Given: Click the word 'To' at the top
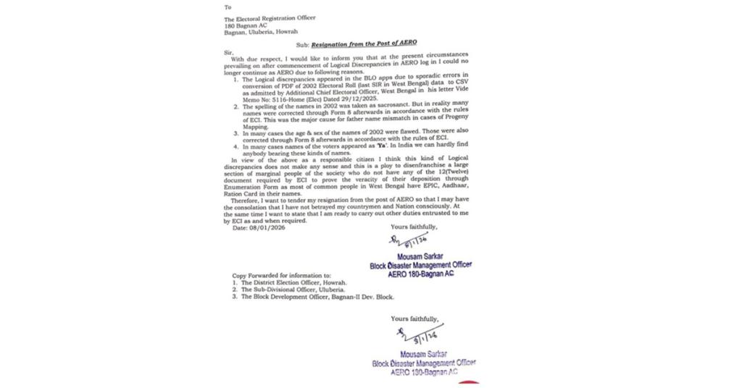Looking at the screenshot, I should click(228, 7).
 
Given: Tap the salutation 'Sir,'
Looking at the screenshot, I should click(229, 51).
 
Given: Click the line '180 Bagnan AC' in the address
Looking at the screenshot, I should click(246, 25).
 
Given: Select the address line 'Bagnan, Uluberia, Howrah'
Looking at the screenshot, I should click(261, 31).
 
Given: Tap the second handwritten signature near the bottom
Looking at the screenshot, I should click(412, 334).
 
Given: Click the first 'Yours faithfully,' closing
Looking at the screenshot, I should click(414, 227).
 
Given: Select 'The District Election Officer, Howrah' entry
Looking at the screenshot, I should click(294, 282).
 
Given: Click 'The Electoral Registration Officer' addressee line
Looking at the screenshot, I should click(270, 18).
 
